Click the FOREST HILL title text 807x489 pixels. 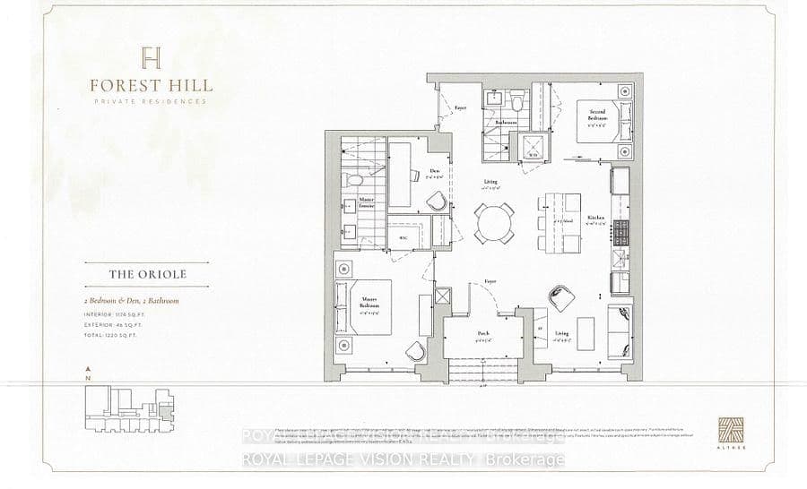(151, 86)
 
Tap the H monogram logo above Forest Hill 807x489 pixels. (151, 58)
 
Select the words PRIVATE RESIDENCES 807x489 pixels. (151, 102)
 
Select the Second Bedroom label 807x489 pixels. (598, 114)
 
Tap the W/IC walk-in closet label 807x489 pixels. (402, 237)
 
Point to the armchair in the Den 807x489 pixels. (436, 202)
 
